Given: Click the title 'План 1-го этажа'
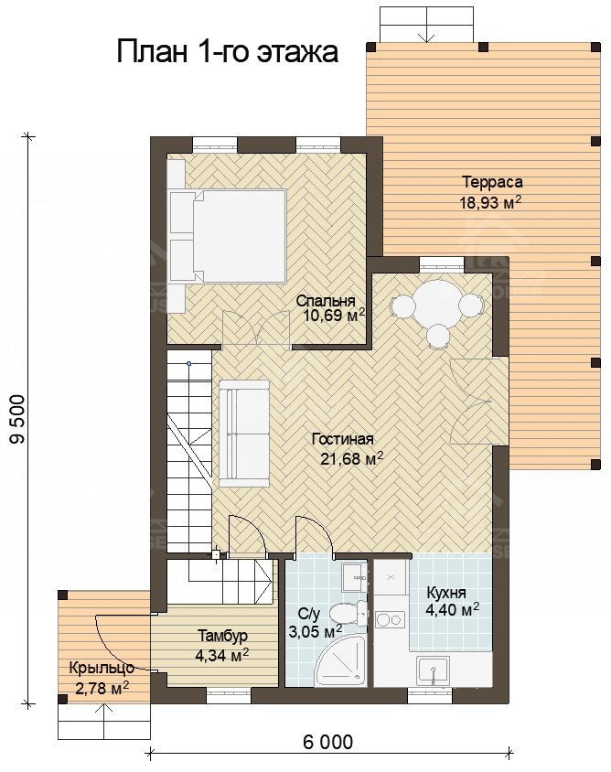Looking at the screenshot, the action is tap(228, 52).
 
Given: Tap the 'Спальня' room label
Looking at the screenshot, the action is tap(326, 301).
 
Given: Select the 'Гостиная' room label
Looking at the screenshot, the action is tap(343, 439).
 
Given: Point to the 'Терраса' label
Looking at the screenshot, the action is tap(492, 182).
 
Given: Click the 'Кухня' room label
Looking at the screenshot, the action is tap(446, 593).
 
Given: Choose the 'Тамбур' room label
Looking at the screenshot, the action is tap(222, 636).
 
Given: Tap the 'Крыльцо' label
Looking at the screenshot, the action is tap(102, 668).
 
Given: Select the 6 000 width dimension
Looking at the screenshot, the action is tap(327, 742).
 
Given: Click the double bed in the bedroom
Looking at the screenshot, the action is tap(228, 236).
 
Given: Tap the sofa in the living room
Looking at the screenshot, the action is tap(243, 433).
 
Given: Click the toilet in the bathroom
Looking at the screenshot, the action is tap(349, 614).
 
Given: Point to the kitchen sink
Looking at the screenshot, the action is tap(434, 670).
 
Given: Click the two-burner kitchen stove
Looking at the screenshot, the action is tap(390, 619).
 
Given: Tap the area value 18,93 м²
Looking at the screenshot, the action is tap(490, 202).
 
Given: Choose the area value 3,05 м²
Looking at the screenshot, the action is tap(315, 631).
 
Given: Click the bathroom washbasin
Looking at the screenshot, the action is tap(354, 577).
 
